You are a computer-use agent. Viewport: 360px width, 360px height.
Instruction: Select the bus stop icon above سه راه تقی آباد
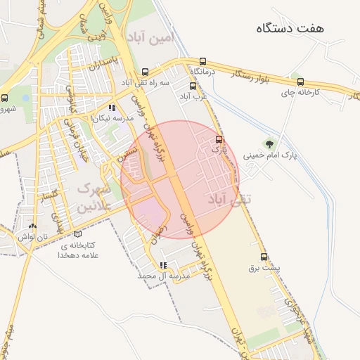146,72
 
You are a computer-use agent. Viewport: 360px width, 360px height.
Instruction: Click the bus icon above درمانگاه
202,61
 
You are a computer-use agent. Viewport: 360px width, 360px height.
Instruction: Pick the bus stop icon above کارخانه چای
301,82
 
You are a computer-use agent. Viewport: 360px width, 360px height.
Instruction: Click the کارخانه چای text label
301,92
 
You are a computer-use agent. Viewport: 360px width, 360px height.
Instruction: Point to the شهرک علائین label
94,198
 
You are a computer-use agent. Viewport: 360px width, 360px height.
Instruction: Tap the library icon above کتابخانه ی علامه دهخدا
77,233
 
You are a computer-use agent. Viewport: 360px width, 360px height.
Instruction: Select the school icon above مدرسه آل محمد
163,266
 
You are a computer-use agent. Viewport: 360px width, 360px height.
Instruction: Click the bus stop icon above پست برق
264,257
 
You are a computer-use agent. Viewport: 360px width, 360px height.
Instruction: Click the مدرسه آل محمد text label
163,277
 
